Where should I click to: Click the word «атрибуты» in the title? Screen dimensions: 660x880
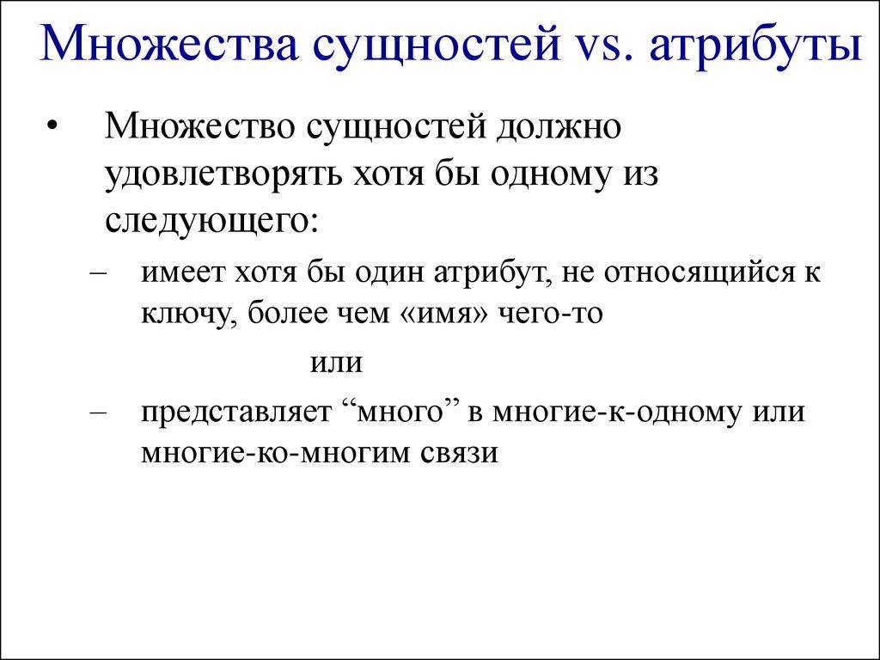[755, 48]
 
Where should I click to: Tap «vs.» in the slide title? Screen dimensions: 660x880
[597, 48]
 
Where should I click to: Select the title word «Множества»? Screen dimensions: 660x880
[166, 48]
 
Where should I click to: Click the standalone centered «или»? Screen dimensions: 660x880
[337, 363]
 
